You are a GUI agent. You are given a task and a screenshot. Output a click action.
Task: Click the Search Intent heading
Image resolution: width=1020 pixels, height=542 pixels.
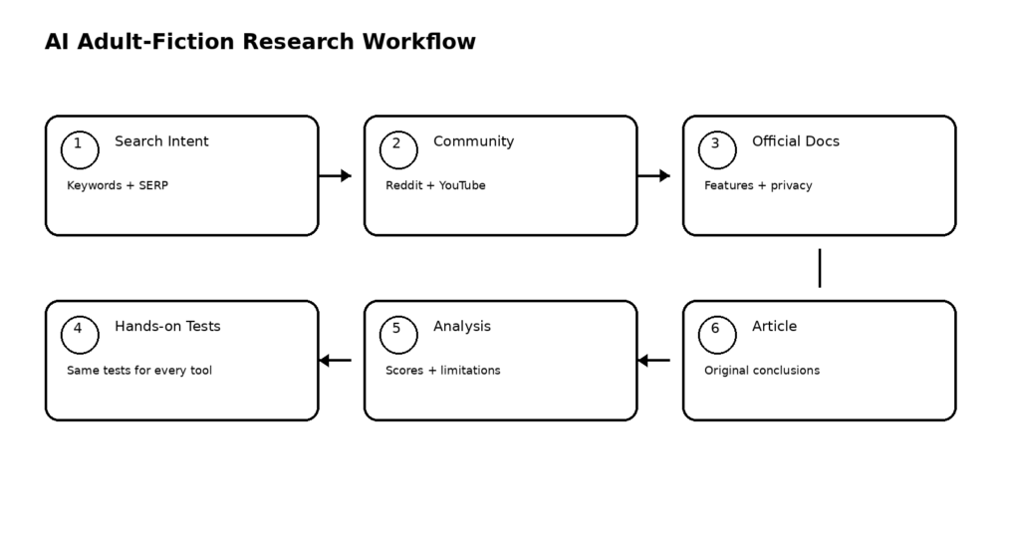(x=161, y=141)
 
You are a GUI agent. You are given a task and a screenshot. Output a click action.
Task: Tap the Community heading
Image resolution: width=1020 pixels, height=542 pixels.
(x=473, y=141)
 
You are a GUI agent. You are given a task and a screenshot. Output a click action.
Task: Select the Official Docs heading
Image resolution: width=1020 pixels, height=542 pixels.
(x=796, y=141)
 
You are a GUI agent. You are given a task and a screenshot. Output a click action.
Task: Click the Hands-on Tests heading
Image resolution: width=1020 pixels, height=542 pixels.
(x=167, y=326)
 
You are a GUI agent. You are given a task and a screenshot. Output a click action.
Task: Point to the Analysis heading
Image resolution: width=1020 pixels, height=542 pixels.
(x=462, y=327)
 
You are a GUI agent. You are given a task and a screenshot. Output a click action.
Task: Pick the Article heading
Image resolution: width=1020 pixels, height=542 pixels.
(x=774, y=326)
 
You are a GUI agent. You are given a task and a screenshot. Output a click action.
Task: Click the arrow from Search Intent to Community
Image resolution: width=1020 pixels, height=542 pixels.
(x=335, y=175)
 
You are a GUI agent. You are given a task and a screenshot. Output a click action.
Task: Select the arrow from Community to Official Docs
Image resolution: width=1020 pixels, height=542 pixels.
(x=653, y=175)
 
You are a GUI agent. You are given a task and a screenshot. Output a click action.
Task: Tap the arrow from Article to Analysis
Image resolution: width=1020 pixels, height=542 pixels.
(x=653, y=361)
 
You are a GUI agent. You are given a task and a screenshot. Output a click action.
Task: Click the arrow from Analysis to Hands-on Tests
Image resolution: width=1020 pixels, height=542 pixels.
(x=335, y=361)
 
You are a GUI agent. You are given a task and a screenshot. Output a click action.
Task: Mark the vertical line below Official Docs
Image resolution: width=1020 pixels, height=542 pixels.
(x=820, y=268)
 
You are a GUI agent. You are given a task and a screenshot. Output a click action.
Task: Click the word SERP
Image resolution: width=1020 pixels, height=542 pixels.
(x=153, y=185)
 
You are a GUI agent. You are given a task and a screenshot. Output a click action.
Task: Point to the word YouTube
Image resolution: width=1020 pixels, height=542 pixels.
(x=462, y=185)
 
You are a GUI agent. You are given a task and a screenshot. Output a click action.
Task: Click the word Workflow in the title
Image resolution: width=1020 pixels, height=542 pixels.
(x=419, y=42)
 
